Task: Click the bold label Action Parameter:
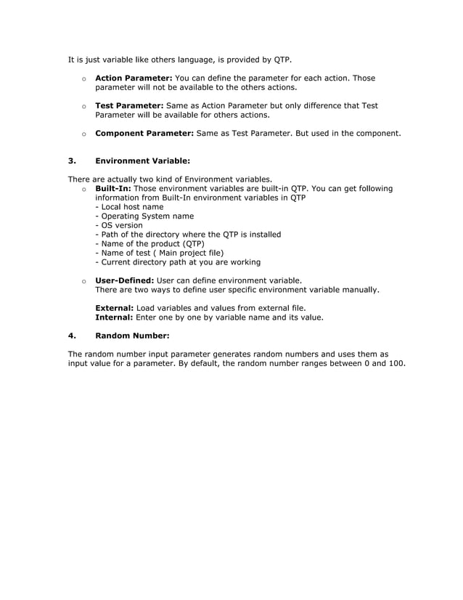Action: (134, 78)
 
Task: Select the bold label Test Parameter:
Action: (129, 105)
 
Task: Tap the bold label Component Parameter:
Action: (144, 134)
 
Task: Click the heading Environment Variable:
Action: (142, 161)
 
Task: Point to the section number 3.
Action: (71, 161)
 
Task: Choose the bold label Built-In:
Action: (113, 189)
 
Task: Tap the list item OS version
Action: (121, 225)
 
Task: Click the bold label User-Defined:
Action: (124, 280)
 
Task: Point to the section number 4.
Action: (71, 336)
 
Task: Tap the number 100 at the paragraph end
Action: (396, 363)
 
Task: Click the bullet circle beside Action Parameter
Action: (84, 78)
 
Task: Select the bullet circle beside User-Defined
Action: (84, 281)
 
